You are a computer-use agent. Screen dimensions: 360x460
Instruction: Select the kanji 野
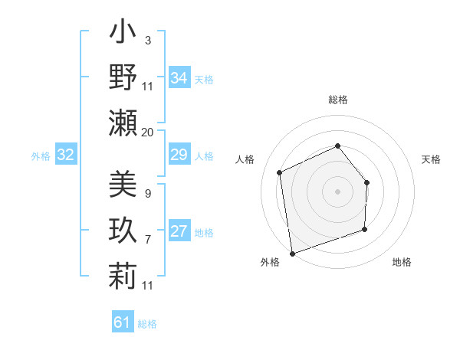pos(123,77)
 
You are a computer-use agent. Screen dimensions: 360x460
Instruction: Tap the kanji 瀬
pos(123,122)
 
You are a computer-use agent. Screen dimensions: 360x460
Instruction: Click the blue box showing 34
pos(179,78)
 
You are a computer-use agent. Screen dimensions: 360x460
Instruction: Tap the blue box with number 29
pos(179,155)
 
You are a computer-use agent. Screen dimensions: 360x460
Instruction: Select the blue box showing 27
pos(179,232)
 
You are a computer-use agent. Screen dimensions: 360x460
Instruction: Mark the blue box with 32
pos(65,155)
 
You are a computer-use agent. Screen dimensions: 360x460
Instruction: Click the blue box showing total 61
pos(122,322)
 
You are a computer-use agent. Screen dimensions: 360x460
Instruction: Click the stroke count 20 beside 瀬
pos(147,132)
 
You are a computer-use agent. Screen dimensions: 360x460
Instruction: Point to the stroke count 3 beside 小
pos(147,40)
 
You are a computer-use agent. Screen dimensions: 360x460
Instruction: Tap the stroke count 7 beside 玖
pos(147,240)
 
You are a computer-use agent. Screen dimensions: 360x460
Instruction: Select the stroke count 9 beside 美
pos(147,193)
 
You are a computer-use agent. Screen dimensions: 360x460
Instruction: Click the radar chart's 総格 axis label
pos(337,100)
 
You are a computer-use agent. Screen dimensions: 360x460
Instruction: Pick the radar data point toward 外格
pos(292,252)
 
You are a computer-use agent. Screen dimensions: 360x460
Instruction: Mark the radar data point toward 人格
pos(280,172)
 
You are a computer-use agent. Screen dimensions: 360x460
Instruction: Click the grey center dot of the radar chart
pos(337,191)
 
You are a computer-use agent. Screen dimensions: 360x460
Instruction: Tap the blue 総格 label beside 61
pos(147,324)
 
